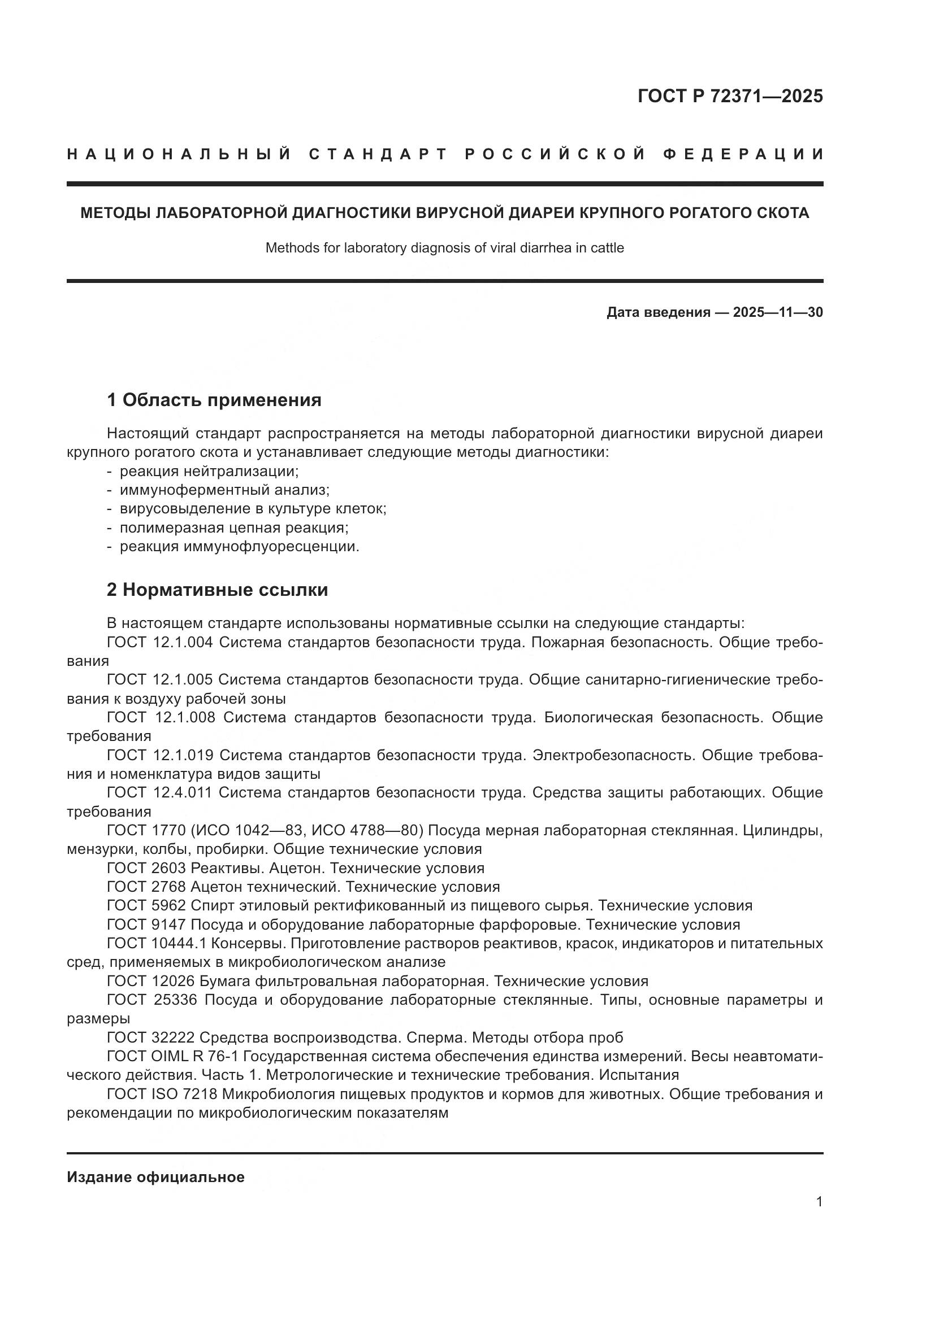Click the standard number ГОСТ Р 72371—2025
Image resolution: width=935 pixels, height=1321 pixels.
pyautogui.click(x=730, y=96)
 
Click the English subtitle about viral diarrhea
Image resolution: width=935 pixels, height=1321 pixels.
pyautogui.click(x=444, y=248)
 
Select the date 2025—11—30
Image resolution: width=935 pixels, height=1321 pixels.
pyautogui.click(x=778, y=312)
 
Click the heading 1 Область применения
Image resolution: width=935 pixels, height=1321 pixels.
pyautogui.click(x=214, y=399)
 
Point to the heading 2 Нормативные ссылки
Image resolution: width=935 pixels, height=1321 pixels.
pyautogui.click(x=217, y=590)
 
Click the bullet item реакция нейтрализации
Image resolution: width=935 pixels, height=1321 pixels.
pyautogui.click(x=209, y=471)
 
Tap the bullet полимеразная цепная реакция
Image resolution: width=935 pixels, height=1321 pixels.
pyautogui.click(x=234, y=527)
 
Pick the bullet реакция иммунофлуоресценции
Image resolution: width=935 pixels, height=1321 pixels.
pyautogui.click(x=239, y=547)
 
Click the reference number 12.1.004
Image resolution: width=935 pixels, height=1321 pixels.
pyautogui.click(x=183, y=642)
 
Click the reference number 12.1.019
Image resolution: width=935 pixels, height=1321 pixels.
pyautogui.click(x=183, y=755)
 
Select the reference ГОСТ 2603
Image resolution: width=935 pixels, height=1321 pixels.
pyautogui.click(x=146, y=868)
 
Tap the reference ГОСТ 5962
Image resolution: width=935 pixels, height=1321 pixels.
pyautogui.click(x=146, y=905)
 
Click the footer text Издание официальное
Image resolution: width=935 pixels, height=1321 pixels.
pyautogui.click(x=155, y=1176)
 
